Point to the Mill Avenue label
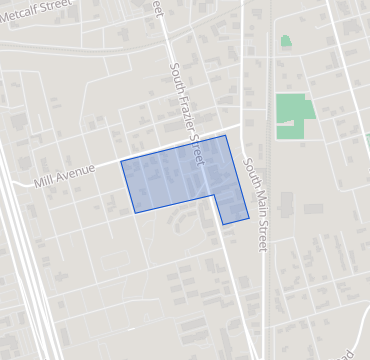[64, 176]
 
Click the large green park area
[292, 115]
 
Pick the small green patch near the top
[286, 42]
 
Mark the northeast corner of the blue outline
[226, 136]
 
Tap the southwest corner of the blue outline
[135, 213]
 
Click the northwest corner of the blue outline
[121, 161]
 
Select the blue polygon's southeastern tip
[249, 217]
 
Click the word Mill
[47, 180]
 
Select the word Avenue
[77, 172]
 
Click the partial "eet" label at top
[158, 7]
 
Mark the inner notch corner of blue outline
[215, 195]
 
